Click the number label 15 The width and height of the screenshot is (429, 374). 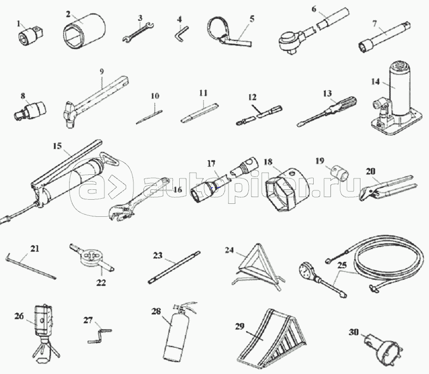click(58, 146)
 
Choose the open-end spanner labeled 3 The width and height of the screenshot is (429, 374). click(138, 32)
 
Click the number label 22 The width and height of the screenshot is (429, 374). click(101, 283)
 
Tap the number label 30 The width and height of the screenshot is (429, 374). click(354, 332)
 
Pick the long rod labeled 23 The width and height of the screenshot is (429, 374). click(174, 268)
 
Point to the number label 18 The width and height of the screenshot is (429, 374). click(268, 162)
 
